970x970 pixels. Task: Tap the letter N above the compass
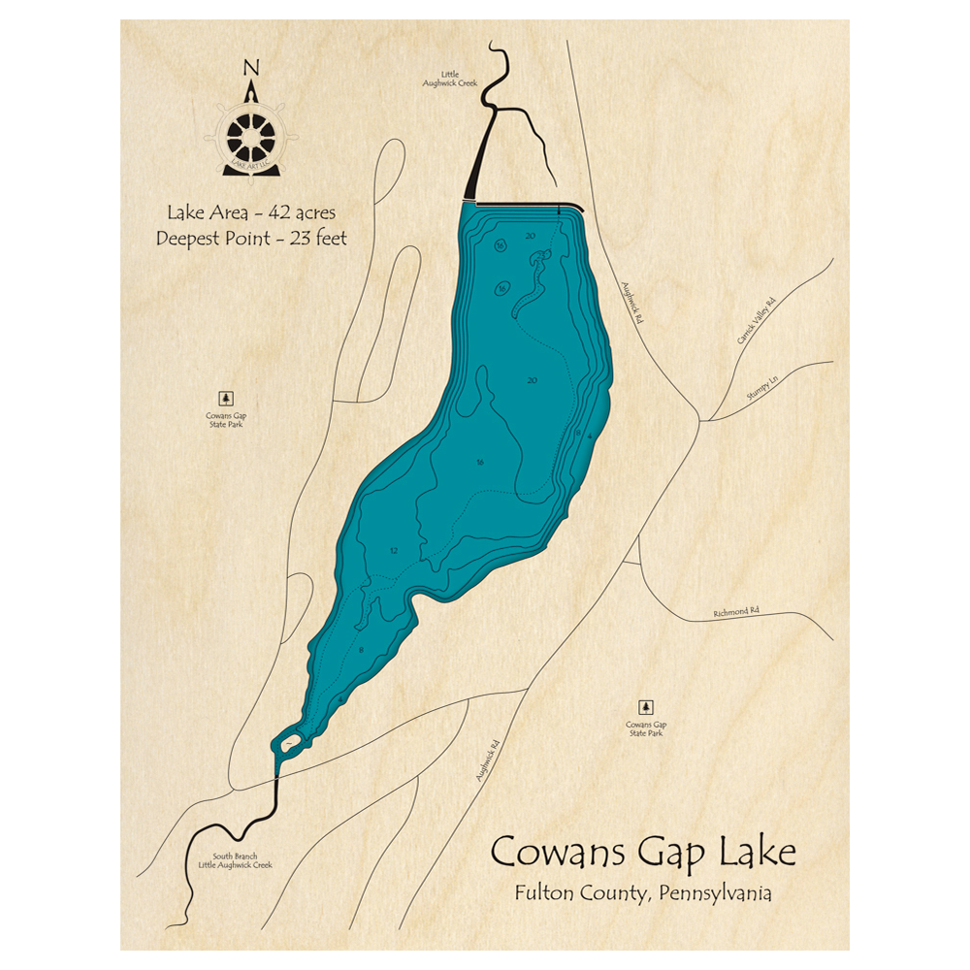251,68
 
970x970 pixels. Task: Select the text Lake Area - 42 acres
251,211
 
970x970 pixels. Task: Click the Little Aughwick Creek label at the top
450,79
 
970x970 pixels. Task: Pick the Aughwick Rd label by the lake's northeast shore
632,302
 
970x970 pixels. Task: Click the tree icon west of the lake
226,398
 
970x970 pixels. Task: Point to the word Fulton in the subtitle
545,893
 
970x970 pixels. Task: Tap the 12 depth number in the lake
394,551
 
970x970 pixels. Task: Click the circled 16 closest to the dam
500,246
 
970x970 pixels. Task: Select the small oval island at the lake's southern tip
289,742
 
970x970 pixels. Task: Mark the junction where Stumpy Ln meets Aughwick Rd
700,420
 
